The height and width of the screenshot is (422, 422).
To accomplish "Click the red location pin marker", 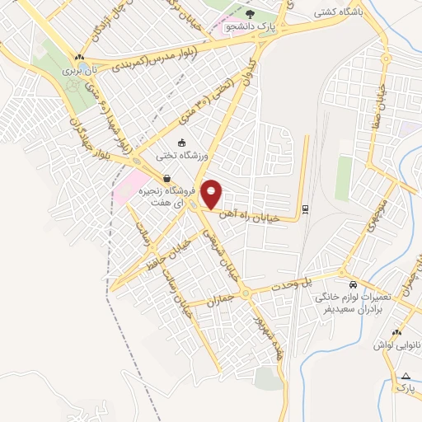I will [212, 194].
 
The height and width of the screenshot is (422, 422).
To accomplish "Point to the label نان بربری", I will [82, 71].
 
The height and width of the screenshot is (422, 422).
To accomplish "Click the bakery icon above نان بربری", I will [79, 58].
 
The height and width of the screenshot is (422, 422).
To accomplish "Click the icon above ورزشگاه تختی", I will [181, 142].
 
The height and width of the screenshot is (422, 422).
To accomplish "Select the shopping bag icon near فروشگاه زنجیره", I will [166, 178].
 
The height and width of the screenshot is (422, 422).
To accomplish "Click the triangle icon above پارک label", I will [405, 375].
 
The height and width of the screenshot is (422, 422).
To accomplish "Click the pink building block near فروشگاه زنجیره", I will [132, 187].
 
